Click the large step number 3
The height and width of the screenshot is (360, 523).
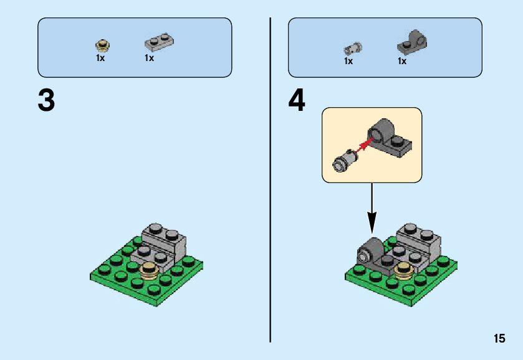click(x=46, y=101)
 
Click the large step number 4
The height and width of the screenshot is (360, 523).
click(x=297, y=101)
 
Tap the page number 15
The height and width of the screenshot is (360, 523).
click(x=499, y=339)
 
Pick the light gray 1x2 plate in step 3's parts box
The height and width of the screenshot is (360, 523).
click(x=159, y=42)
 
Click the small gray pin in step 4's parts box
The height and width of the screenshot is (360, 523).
click(x=353, y=48)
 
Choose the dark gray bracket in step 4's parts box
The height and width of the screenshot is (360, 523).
click(x=411, y=42)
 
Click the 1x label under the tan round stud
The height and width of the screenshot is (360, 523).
click(x=100, y=58)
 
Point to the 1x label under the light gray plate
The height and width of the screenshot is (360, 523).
click(x=149, y=58)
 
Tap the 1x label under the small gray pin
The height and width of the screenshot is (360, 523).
click(x=348, y=61)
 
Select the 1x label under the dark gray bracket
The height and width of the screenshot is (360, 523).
click(x=402, y=61)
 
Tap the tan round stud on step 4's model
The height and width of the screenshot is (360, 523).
click(x=403, y=269)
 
